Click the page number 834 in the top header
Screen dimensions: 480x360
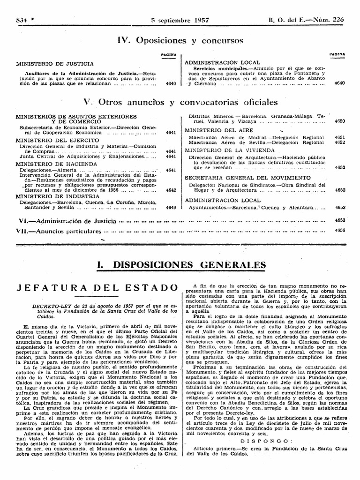click(21, 20)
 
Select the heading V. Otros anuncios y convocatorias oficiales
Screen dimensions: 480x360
click(180, 102)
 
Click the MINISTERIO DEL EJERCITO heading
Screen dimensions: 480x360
click(57, 140)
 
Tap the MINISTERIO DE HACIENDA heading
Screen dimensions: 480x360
click(56, 164)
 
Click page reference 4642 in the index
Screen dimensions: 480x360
click(171, 190)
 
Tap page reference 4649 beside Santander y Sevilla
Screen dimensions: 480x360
click(171, 207)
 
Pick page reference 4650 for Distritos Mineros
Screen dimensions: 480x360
click(340, 120)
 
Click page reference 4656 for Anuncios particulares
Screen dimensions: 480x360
click(340, 230)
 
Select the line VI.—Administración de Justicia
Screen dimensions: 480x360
click(66, 220)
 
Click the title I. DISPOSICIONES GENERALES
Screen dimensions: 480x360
click(180, 265)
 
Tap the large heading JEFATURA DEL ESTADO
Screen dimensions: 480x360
click(97, 287)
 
